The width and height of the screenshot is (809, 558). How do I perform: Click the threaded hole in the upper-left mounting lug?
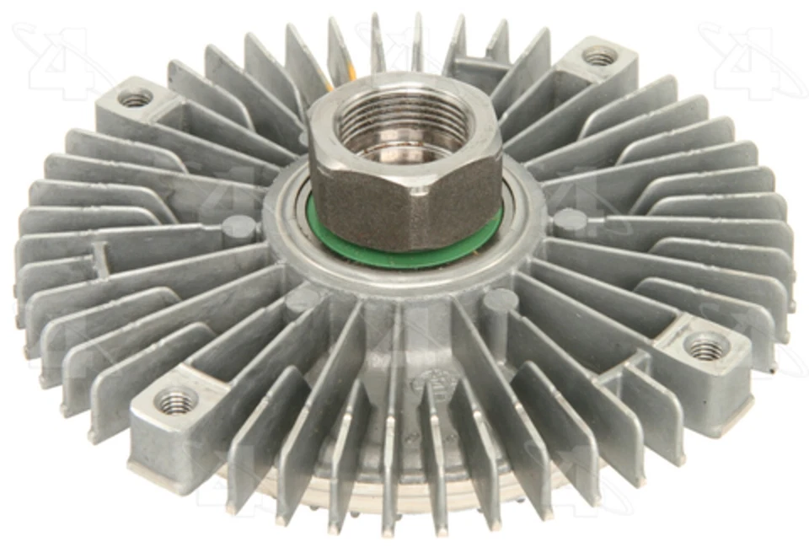tap(135, 99)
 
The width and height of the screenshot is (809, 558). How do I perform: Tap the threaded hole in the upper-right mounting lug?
tap(599, 57)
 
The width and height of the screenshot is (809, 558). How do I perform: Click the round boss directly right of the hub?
tap(570, 221)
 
